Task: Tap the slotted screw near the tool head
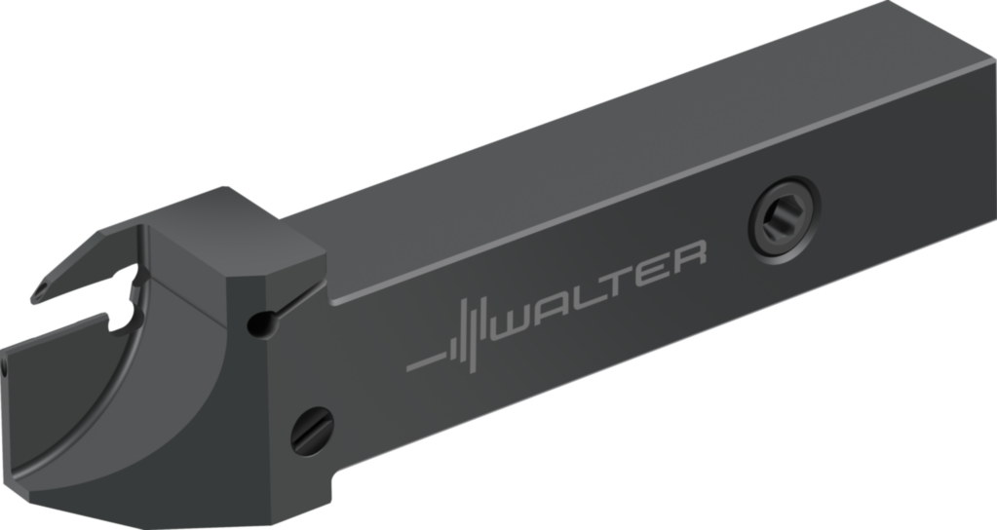312,431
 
